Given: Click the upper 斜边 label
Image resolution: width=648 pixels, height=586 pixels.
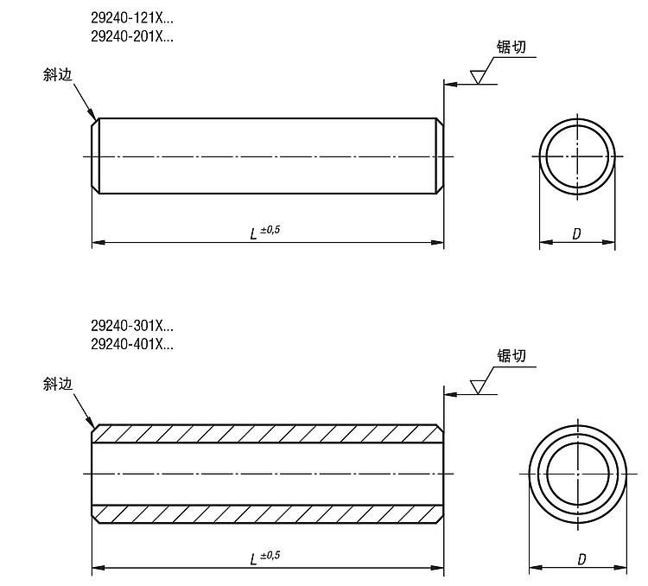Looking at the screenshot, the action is pos(57,75).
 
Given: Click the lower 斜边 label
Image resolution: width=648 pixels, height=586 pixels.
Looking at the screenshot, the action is pos(57,385).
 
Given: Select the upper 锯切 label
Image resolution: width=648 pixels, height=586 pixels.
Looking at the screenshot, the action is pos(511,47).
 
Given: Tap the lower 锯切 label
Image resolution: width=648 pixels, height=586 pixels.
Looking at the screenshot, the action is pos(511,355).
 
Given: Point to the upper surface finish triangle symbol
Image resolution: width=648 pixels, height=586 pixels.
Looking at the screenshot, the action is pos(477,77).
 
